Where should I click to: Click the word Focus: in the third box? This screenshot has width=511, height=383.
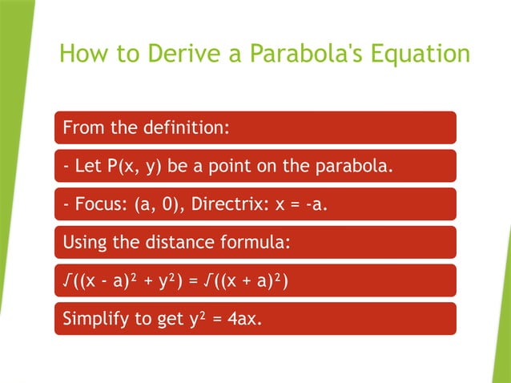click(x=97, y=204)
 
